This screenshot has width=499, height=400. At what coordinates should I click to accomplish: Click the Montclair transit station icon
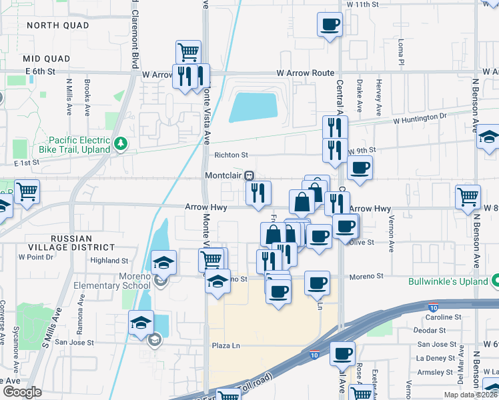[249, 175]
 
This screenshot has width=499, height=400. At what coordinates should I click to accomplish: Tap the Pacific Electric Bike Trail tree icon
[121, 143]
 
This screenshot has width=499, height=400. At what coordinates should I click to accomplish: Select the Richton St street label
[231, 155]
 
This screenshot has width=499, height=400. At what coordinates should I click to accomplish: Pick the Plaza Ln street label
[225, 345]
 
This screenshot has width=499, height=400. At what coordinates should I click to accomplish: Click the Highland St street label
[109, 261]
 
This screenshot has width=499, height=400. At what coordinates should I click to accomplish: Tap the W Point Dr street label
[35, 256]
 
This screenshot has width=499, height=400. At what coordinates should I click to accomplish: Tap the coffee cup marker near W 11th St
[331, 25]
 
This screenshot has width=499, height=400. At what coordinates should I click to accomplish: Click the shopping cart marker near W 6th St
[189, 51]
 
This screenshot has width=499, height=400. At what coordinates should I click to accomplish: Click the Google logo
[22, 392]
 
